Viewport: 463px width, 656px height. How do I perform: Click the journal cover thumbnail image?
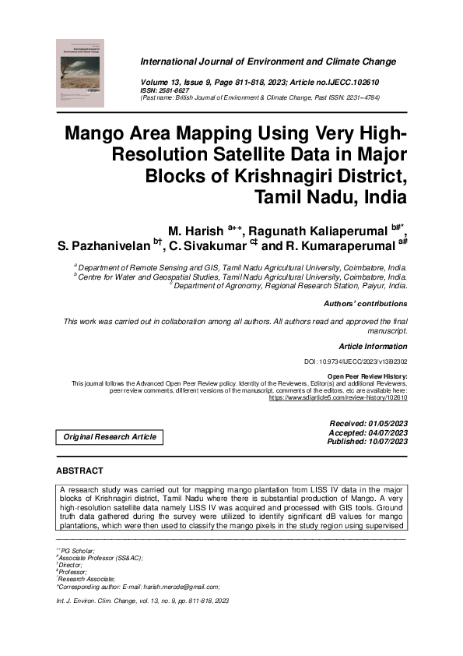coord(81,73)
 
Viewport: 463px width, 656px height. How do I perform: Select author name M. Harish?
coord(195,231)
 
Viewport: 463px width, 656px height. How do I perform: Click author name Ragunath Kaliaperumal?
coord(321,231)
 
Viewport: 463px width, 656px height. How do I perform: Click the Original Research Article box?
coord(110,437)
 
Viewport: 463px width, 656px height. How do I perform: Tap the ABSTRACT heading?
coord(79,471)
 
